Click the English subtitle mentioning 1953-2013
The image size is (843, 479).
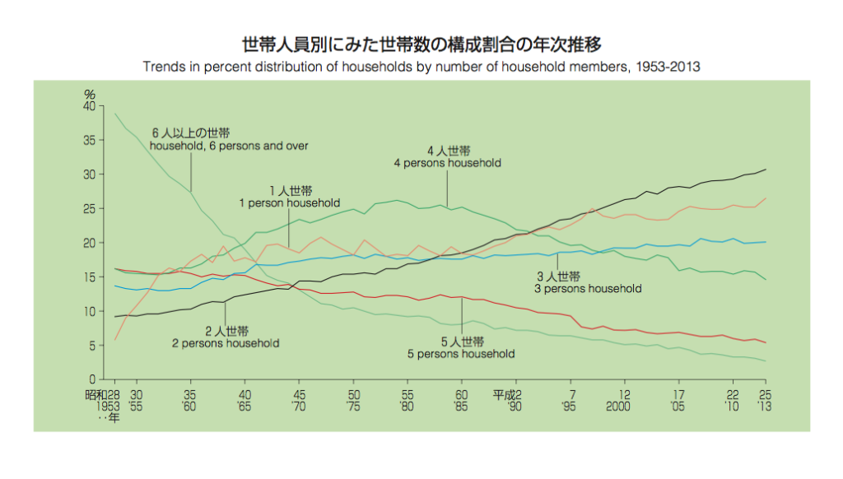tap(421, 67)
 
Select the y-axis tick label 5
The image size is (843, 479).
tap(92, 346)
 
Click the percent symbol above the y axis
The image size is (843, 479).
tap(91, 95)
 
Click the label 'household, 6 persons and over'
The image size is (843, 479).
tap(229, 146)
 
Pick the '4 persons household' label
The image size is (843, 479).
tap(448, 163)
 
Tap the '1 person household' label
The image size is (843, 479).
tap(289, 202)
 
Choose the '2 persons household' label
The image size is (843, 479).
tap(225, 343)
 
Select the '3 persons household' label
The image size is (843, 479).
tap(588, 289)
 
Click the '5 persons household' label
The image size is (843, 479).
tap(461, 354)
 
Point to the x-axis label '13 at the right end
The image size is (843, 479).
tap(764, 406)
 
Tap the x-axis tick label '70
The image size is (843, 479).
tap(300, 406)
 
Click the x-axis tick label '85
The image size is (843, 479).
tap(462, 406)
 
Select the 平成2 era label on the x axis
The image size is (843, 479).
tap(508, 394)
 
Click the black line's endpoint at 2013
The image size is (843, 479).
tap(766, 170)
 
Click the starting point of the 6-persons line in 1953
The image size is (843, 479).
tap(115, 114)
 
